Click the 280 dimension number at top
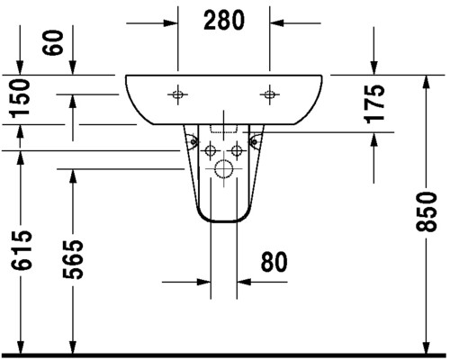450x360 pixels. pyautogui.click(x=224, y=20)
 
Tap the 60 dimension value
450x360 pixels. pyautogui.click(x=53, y=42)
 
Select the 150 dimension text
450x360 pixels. pyautogui.click(x=20, y=99)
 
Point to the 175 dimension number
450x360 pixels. pyautogui.click(x=374, y=103)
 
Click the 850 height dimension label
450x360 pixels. pyautogui.click(x=426, y=211)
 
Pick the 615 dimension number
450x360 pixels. pyautogui.click(x=21, y=250)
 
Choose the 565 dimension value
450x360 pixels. pyautogui.click(x=73, y=259)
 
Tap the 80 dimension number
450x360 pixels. pyautogui.click(x=274, y=262)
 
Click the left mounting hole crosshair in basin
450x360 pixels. pyautogui.click(x=178, y=94)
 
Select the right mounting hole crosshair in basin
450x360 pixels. pyautogui.click(x=269, y=94)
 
